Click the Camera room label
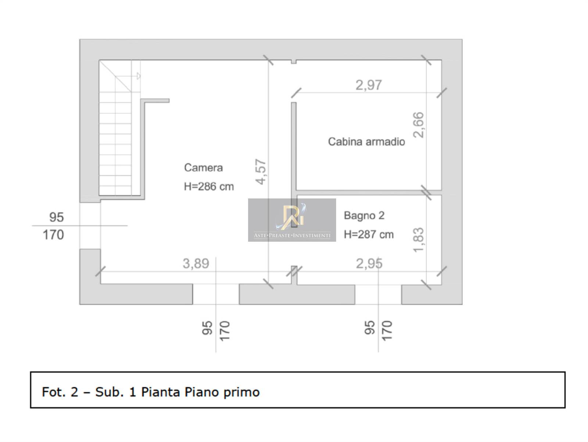click(203, 168)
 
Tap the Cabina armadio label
click(366, 141)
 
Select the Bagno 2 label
click(364, 216)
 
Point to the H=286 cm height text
click(209, 187)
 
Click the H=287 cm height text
click(369, 234)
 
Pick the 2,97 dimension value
click(369, 85)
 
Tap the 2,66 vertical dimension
click(419, 125)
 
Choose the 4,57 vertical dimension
click(261, 172)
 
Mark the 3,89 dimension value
click(196, 263)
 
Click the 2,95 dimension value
click(369, 263)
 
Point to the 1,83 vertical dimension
click(419, 240)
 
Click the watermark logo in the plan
click(292, 220)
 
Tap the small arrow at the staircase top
click(139, 76)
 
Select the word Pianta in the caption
click(161, 392)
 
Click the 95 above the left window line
click(57, 217)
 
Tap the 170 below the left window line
click(53, 235)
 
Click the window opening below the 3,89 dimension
click(216, 294)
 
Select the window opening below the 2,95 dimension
click(378, 295)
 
